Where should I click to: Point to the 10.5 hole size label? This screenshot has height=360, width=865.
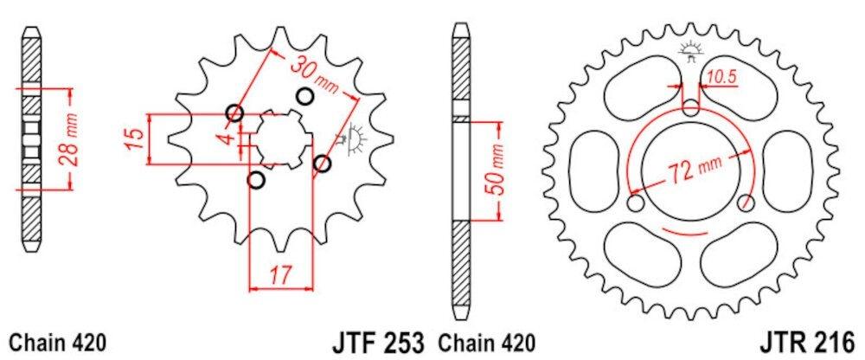[720, 78]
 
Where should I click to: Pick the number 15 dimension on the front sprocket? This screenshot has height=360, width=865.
[132, 138]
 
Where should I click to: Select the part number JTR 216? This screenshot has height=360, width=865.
[814, 340]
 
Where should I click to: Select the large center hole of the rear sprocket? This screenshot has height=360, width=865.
[692, 164]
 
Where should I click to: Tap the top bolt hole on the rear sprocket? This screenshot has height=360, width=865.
[691, 107]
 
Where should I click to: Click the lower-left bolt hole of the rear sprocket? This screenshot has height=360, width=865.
[638, 203]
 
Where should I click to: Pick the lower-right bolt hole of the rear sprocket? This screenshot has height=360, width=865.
[746, 203]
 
